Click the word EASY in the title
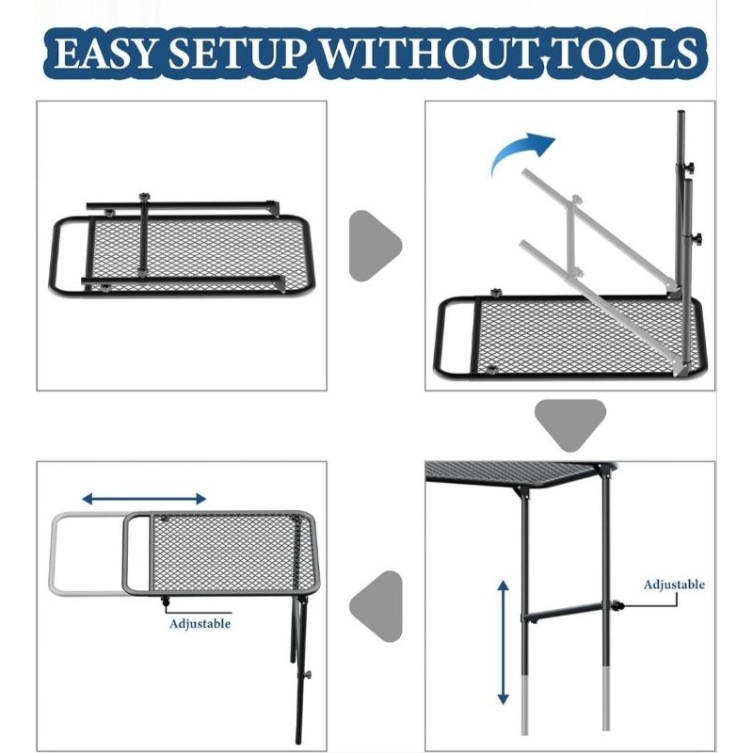[x=104, y=53]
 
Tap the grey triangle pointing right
[x=375, y=246]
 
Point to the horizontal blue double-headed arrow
[x=144, y=499]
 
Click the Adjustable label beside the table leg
[x=674, y=585]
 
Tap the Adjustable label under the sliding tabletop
[x=200, y=624]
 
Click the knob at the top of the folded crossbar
[x=144, y=198]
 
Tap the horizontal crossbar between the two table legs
[x=563, y=611]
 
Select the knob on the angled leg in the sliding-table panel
[x=307, y=675]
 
